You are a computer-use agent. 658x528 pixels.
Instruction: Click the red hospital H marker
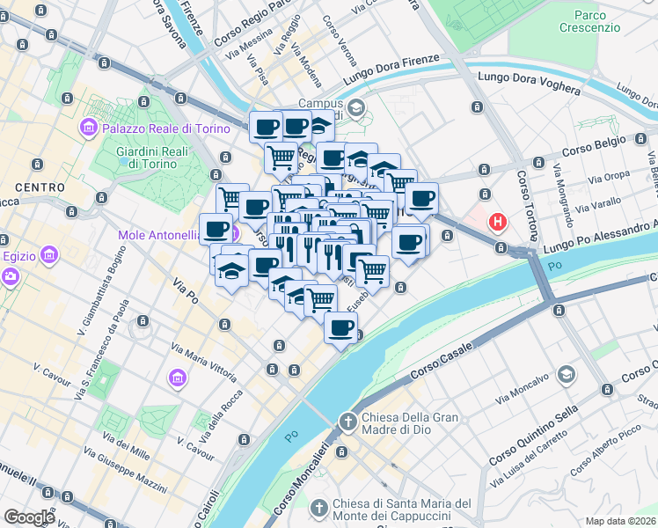[x=500, y=222]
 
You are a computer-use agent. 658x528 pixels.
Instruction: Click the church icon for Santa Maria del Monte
[x=319, y=508]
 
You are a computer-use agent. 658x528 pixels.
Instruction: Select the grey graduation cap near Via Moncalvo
[x=567, y=375]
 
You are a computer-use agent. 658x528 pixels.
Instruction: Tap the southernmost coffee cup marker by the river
[x=341, y=328]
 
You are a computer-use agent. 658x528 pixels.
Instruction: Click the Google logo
[x=30, y=517]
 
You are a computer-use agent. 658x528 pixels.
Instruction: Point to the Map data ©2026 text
[x=621, y=521]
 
